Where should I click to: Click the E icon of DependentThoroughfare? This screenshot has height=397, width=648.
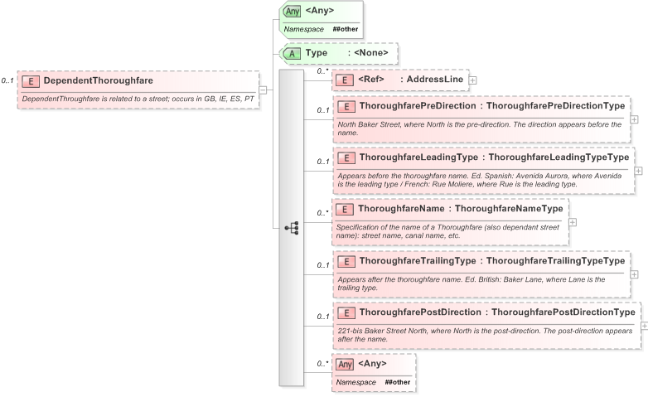pos(31,81)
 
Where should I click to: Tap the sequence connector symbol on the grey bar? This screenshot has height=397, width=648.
pos(291,228)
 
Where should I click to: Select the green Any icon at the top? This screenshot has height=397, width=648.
pos(293,12)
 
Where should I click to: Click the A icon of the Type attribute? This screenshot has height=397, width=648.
pos(293,53)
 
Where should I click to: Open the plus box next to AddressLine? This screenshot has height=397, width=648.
pos(472,80)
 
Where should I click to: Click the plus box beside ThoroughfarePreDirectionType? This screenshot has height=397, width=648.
pos(634,119)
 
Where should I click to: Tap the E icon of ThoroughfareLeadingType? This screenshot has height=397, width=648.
pos(346,157)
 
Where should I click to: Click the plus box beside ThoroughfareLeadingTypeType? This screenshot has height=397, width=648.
pos(638,171)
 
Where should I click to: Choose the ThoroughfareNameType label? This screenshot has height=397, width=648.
pos(510,209)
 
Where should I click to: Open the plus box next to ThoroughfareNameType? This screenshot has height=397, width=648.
pos(573,221)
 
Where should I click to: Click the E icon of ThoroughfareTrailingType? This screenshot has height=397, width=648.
pos(346,261)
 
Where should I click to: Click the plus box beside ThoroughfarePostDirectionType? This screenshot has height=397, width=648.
pos(644,326)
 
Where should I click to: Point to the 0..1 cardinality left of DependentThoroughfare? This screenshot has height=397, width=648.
pos(7,80)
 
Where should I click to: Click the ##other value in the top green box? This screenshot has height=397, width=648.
pos(346,29)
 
